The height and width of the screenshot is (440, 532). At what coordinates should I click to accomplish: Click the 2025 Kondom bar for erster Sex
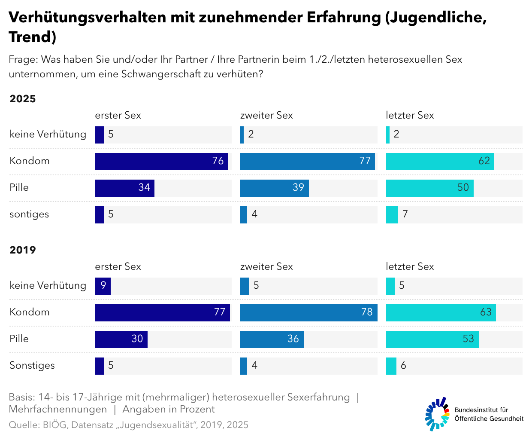(161, 161)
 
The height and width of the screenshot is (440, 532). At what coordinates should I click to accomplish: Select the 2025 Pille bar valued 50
(429, 188)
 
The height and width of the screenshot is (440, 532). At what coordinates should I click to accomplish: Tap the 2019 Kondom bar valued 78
(308, 312)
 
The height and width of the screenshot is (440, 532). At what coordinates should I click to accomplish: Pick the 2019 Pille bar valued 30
(121, 339)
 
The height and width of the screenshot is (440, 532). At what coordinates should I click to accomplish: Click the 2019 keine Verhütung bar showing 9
(103, 286)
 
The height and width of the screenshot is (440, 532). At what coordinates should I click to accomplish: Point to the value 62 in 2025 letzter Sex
(484, 161)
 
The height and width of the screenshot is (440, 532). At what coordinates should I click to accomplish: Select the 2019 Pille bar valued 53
(432, 339)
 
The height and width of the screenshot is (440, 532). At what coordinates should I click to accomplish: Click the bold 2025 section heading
(23, 99)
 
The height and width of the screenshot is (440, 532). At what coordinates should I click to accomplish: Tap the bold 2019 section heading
(23, 250)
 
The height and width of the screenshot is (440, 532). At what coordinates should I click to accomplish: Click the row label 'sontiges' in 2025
(29, 214)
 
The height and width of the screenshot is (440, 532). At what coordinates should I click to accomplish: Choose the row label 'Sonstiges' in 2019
(32, 366)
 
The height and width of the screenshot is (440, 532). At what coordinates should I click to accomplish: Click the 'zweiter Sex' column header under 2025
(266, 116)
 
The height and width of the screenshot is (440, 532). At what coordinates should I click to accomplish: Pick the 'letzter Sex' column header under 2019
(410, 267)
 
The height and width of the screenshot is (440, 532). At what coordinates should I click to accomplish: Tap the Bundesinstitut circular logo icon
(437, 414)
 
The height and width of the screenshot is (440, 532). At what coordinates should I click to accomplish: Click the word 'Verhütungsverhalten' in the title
(87, 17)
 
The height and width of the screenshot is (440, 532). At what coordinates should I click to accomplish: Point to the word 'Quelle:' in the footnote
(24, 425)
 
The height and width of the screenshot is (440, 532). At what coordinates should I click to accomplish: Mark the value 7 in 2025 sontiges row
(405, 214)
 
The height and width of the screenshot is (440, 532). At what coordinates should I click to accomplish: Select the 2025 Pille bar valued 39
(274, 188)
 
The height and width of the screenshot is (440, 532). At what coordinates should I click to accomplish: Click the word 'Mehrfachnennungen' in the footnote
(58, 409)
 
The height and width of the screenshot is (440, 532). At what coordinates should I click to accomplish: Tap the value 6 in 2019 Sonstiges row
(403, 366)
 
